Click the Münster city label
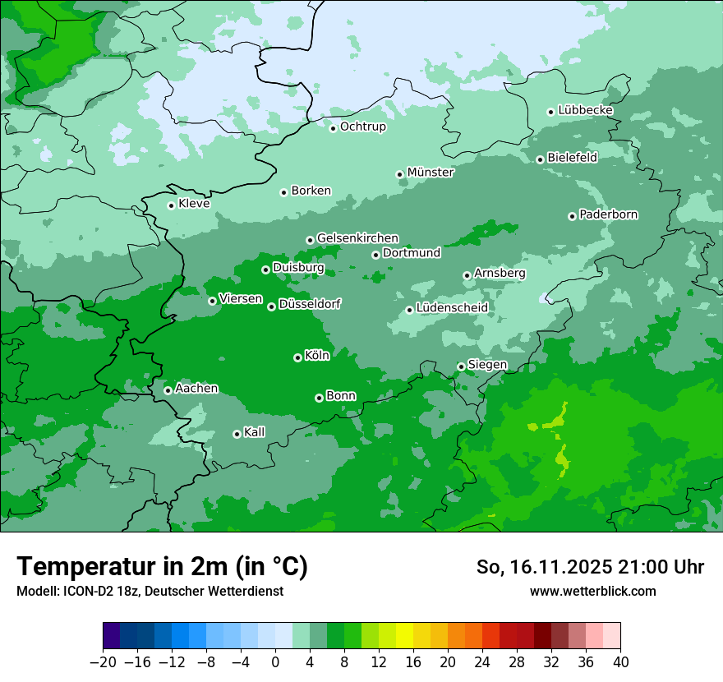pyautogui.click(x=430, y=173)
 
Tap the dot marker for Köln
pyautogui.click(x=297, y=357)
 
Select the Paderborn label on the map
pyautogui.click(x=608, y=214)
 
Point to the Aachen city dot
pyautogui.click(x=168, y=390)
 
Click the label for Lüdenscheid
pyautogui.click(x=452, y=308)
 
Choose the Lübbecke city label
pyautogui.click(x=585, y=110)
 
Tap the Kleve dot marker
pyautogui.click(x=171, y=205)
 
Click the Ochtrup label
pyautogui.click(x=362, y=127)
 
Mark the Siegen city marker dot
pyautogui.click(x=461, y=366)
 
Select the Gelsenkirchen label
pyautogui.click(x=357, y=238)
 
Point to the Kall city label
pyautogui.click(x=254, y=432)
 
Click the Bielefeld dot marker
pyautogui.click(x=540, y=159)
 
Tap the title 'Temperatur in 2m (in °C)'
pyautogui.click(x=162, y=566)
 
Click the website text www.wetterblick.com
pyautogui.click(x=592, y=591)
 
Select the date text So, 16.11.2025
pyautogui.click(x=544, y=567)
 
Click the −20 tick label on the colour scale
pyautogui.click(x=103, y=662)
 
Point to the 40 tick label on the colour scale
pyautogui.click(x=620, y=662)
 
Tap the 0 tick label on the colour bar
pyautogui.click(x=275, y=662)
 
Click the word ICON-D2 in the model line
pyautogui.click(x=81, y=591)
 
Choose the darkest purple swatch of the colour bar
pyautogui.click(x=111, y=636)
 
